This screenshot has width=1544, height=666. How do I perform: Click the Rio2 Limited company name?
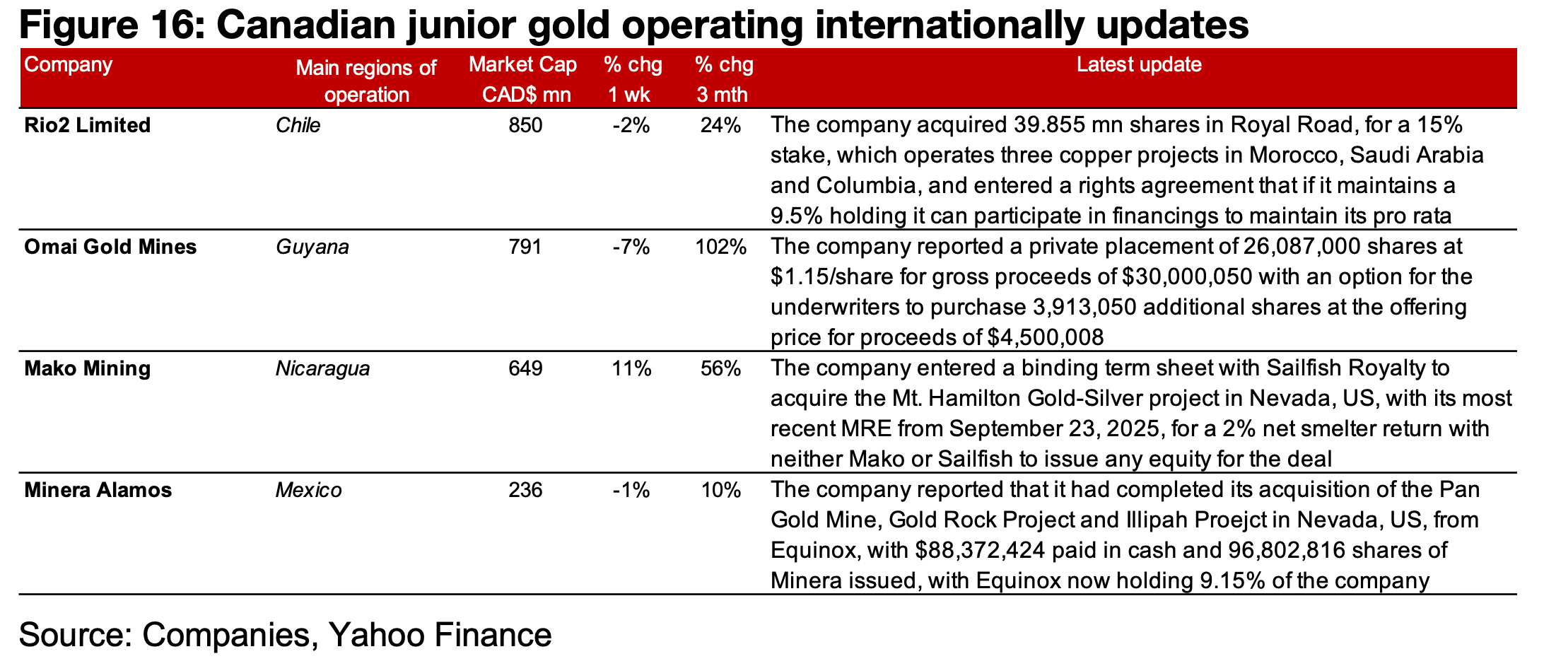coord(87,126)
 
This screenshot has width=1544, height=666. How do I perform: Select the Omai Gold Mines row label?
coord(110,247)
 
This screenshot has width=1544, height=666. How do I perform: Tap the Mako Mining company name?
coord(87,369)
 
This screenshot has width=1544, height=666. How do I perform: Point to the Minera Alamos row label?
coord(98,491)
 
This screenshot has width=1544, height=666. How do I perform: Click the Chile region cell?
coord(298,126)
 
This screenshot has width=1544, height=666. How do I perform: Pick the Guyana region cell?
coord(312,247)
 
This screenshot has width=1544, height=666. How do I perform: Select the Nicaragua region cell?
coord(322,369)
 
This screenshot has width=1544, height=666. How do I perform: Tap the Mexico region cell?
coord(308,491)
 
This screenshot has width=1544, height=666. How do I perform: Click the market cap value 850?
coord(525,126)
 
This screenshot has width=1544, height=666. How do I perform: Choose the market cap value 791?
coord(525,247)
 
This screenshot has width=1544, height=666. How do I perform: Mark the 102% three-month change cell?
coord(720,247)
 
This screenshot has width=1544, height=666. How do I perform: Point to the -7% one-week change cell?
coord(631,247)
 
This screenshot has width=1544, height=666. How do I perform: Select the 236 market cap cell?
coord(525,491)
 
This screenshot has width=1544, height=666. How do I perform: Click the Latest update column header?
coord(1139,65)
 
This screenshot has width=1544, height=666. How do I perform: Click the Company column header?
coord(68,65)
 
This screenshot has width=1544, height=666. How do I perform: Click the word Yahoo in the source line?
coord(375,635)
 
